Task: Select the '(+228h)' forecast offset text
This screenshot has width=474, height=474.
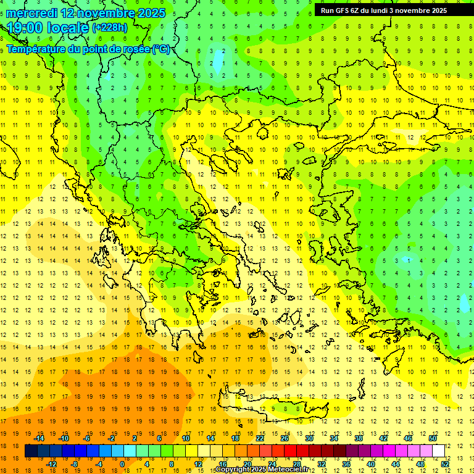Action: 109,28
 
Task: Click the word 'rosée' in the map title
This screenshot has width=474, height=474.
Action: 135,49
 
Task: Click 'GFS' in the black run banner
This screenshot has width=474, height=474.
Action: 342,10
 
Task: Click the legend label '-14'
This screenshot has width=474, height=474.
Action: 39,438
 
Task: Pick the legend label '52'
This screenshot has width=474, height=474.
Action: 446,464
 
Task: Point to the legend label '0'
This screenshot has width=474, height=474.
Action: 122,464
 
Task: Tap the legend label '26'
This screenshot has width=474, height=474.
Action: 285,438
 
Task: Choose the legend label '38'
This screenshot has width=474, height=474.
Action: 359,438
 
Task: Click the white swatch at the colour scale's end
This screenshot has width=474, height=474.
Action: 439,451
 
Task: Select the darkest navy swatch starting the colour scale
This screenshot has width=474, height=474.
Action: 31,451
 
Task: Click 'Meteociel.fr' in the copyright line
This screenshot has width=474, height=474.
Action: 288,470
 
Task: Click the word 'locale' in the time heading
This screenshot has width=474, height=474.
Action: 69,28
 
